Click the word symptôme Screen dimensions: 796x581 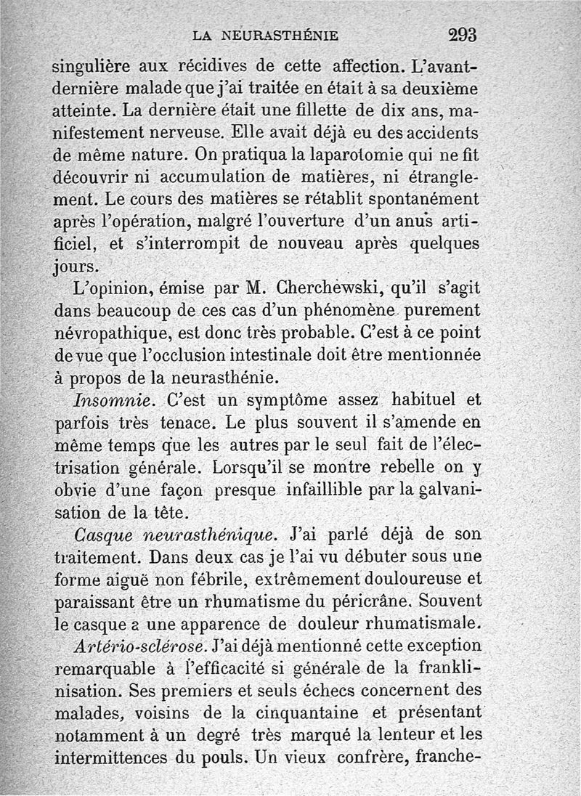pos(287,400)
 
